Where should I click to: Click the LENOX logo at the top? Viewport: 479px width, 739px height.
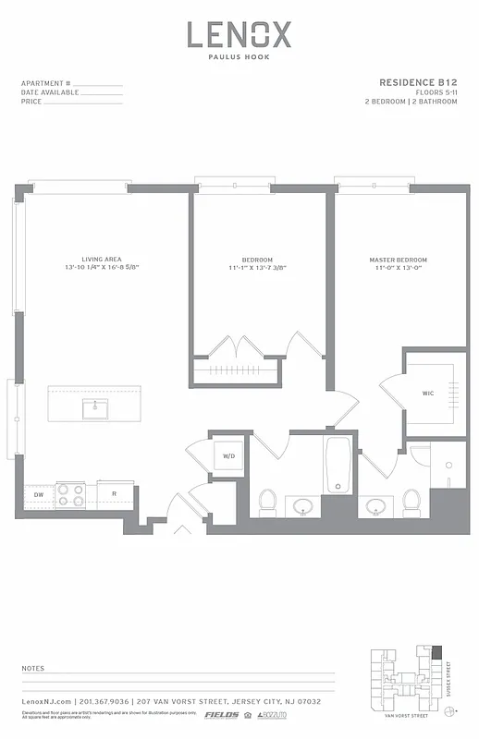pos(239,35)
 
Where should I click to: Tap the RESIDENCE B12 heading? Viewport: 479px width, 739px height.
pos(418,82)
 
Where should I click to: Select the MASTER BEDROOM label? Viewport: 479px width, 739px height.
pos(395,260)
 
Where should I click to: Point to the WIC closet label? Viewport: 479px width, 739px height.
pos(428,393)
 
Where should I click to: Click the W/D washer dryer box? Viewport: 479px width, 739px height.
pos(227,455)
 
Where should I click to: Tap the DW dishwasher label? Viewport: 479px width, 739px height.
pos(38,495)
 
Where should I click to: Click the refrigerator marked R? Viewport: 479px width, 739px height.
pos(115,495)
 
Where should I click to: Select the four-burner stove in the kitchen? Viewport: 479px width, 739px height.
pos(70,496)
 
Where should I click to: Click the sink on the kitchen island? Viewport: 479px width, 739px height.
pos(94,407)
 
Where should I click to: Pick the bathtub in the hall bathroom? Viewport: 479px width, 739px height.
pos(338,466)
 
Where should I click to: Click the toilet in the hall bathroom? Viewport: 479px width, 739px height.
pos(267,502)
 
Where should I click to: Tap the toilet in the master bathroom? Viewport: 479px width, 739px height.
pos(411,502)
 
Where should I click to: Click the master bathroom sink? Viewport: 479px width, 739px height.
pos(375,506)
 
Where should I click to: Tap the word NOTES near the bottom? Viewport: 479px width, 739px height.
pos(32,667)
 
